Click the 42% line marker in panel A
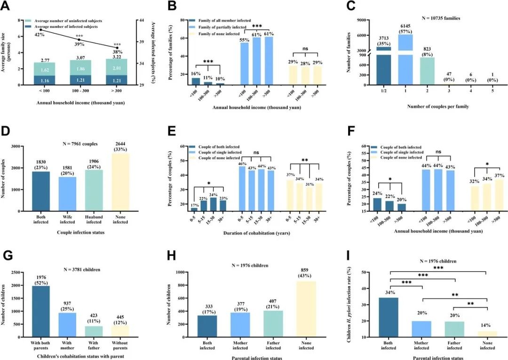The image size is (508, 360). coord(41,30)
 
